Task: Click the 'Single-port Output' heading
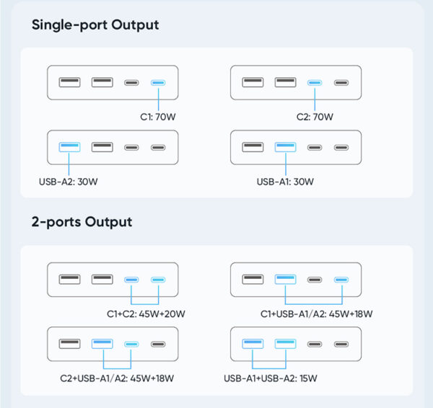pyautogui.click(x=95, y=25)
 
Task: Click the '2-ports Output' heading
pyautogui.click(x=82, y=222)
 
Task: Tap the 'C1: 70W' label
pyautogui.click(x=157, y=117)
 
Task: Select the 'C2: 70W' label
pyautogui.click(x=315, y=117)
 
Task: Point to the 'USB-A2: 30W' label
pyautogui.click(x=69, y=182)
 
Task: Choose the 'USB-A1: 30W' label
pyautogui.click(x=285, y=182)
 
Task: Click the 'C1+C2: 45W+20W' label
pyautogui.click(x=146, y=314)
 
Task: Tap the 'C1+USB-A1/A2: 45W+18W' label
pyautogui.click(x=317, y=314)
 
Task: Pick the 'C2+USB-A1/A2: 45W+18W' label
pyautogui.click(x=117, y=378)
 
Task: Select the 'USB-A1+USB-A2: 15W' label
pyautogui.click(x=271, y=378)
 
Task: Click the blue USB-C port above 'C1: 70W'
pyautogui.click(x=158, y=82)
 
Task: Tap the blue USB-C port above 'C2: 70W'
pyautogui.click(x=315, y=82)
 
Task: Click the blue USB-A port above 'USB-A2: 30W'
pyautogui.click(x=69, y=147)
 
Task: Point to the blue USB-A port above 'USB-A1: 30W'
pyautogui.click(x=285, y=147)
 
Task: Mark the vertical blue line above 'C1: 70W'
pyautogui.click(x=158, y=98)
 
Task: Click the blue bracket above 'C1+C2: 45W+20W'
pyautogui.click(x=145, y=295)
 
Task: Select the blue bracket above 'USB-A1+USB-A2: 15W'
pyautogui.click(x=269, y=359)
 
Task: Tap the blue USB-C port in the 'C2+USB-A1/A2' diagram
pyautogui.click(x=131, y=344)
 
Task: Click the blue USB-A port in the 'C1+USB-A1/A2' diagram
pyautogui.click(x=285, y=279)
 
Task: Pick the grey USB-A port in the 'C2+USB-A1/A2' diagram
pyautogui.click(x=69, y=344)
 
